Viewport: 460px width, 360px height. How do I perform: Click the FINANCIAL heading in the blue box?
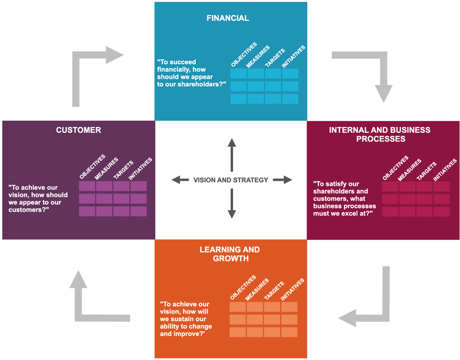point(227,18)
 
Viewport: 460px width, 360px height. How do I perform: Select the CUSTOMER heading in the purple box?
point(78,130)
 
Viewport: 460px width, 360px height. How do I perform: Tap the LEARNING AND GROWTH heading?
point(229,254)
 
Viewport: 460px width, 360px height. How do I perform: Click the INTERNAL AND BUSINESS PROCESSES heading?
point(380,134)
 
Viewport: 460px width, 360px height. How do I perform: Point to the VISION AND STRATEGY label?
point(231,180)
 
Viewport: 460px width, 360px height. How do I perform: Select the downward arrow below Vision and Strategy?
point(232,204)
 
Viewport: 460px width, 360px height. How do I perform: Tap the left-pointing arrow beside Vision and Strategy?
point(180,180)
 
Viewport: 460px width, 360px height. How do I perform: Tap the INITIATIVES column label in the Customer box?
point(140,169)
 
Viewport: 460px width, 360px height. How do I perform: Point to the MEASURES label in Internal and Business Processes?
point(409,170)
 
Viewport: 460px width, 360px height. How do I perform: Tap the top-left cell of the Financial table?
point(239,74)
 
